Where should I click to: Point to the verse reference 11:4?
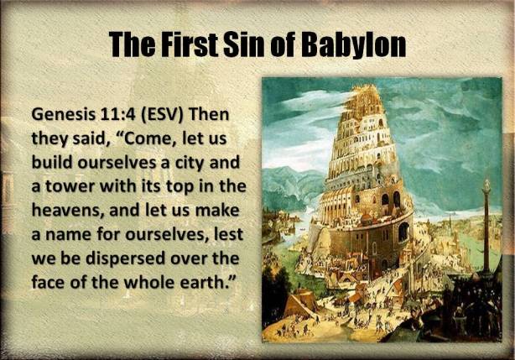pyautogui.click(x=121, y=113)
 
